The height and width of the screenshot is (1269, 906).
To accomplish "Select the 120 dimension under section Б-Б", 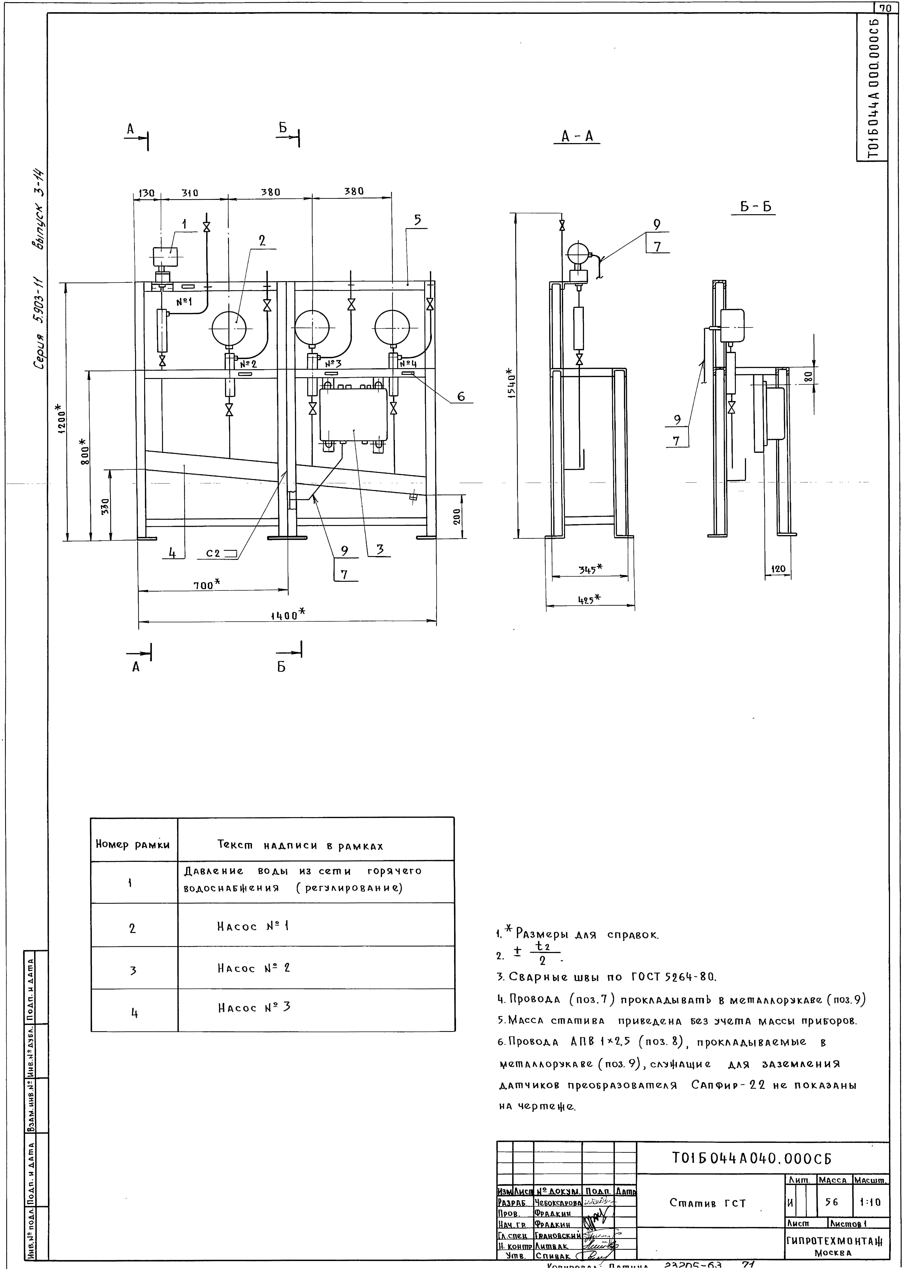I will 778,569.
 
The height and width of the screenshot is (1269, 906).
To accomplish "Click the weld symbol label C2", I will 213,554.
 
